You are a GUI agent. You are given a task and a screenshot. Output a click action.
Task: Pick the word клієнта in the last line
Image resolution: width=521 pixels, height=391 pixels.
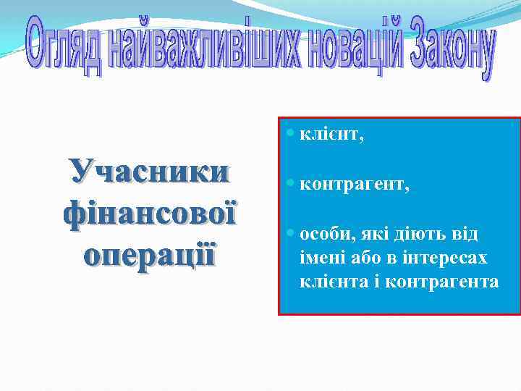(329, 280)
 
